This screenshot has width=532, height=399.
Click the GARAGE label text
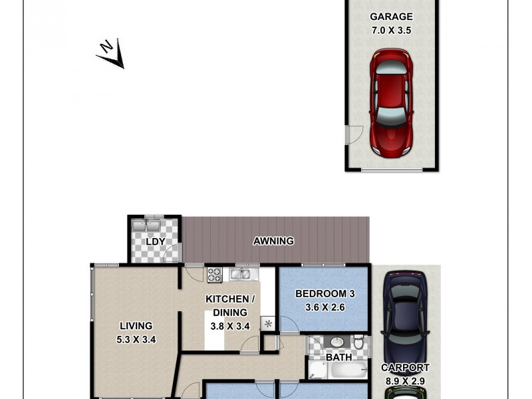tap(391, 17)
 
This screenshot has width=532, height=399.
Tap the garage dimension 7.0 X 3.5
tap(391, 29)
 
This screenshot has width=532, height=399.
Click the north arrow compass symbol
tap(112, 54)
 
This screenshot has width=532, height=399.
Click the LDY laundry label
tap(155, 241)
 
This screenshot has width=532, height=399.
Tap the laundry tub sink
tap(146, 225)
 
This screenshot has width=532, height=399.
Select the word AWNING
tap(273, 241)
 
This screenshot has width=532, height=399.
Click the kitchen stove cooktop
tap(214, 274)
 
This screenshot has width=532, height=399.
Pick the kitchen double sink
tap(241, 274)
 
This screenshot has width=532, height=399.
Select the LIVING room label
tap(136, 326)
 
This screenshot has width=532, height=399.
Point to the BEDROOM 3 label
tap(321, 293)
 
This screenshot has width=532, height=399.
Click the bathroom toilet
tap(359, 343)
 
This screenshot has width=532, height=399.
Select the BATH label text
tap(338, 357)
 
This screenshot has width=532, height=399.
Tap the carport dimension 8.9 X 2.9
tap(405, 380)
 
